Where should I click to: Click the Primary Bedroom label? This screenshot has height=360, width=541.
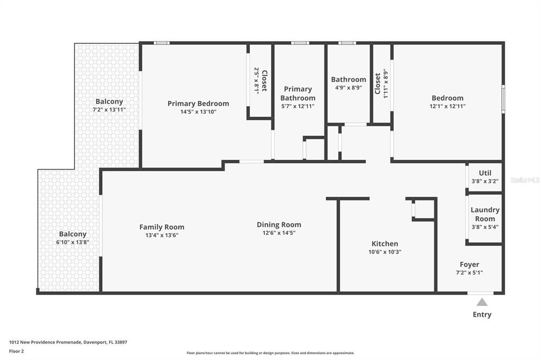point(198,103)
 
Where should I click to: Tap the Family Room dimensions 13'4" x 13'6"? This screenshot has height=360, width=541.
point(162,235)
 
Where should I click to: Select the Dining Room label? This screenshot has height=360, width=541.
point(279,224)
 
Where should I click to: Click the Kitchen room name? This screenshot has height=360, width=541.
point(385,243)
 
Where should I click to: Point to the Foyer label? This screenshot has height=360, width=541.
point(469,264)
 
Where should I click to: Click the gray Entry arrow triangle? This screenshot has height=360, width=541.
point(482,302)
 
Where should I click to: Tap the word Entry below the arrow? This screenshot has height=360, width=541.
point(482,315)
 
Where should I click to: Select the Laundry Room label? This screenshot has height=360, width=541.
point(484,214)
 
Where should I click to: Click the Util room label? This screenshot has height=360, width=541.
point(484,173)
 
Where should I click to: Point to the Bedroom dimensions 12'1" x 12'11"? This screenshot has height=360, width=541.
point(447,106)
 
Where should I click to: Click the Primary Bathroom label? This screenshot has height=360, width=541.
point(298,93)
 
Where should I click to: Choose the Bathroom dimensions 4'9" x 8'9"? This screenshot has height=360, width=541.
point(348,88)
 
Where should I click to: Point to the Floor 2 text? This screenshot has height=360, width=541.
point(16,351)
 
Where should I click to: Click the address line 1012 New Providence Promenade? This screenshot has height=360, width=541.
point(68,342)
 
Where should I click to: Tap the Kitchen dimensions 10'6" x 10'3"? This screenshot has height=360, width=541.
point(385,252)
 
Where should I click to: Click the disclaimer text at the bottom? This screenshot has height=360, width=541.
point(270,353)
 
